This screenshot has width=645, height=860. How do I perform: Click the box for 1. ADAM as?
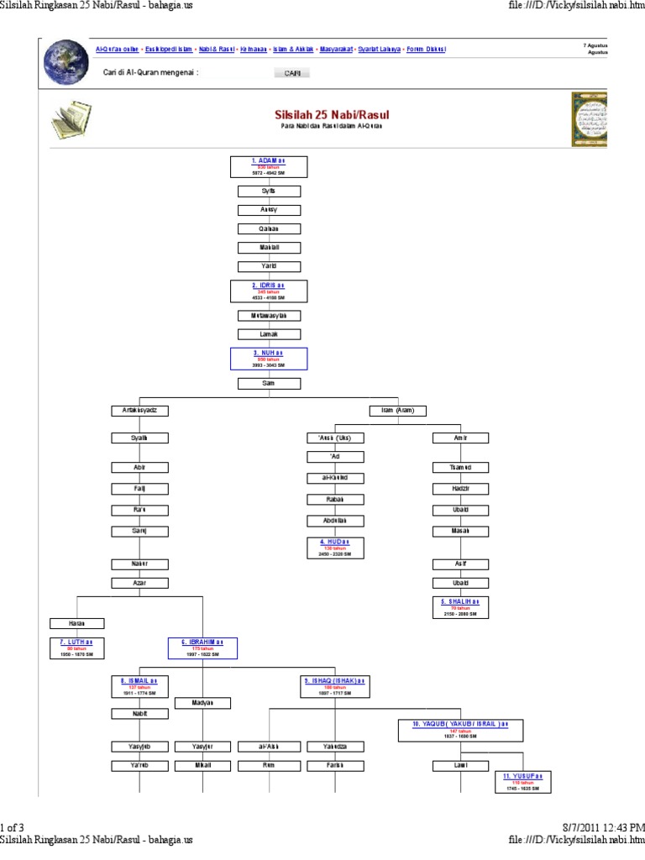[x=269, y=166]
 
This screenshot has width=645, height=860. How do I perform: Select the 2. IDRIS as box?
[x=269, y=291]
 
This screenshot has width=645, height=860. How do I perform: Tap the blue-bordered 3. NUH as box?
[x=269, y=359]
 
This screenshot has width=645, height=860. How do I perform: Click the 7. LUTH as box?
[x=77, y=648]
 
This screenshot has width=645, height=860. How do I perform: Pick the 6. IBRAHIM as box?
[x=202, y=648]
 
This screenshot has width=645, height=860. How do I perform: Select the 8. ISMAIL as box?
[x=140, y=686]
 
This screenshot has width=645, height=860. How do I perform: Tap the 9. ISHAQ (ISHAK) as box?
[x=335, y=686]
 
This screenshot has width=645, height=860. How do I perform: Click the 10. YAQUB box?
[x=460, y=729]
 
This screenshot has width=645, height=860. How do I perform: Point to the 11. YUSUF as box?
[x=522, y=781]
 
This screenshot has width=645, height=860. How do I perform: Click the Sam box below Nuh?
[x=269, y=383]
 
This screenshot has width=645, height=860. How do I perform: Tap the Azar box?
[x=140, y=582]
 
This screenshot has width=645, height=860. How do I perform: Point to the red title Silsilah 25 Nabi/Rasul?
[x=332, y=113]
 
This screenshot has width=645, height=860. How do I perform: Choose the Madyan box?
[x=202, y=703]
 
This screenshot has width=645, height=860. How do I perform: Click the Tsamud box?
[x=460, y=467]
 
